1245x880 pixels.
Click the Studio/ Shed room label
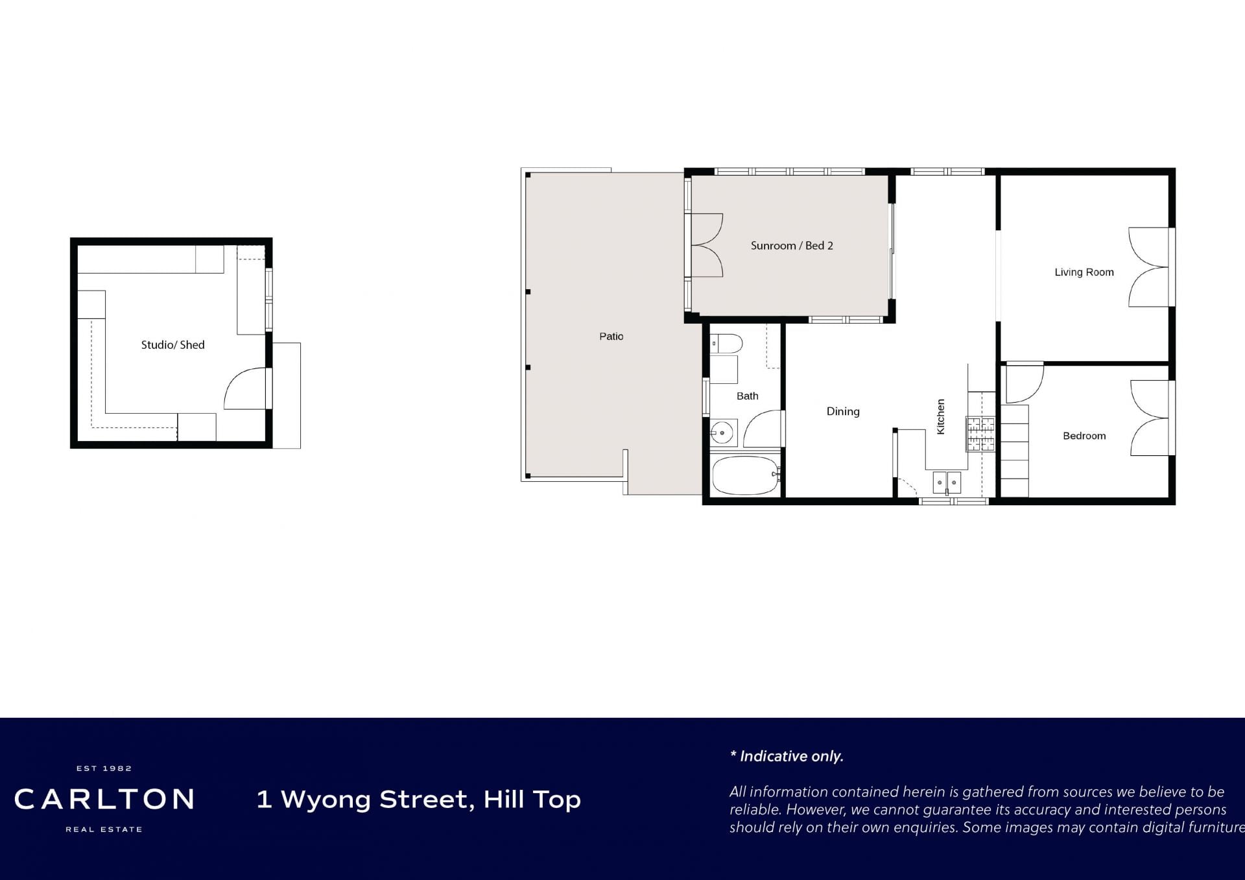(x=172, y=345)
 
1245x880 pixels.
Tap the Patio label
(x=611, y=336)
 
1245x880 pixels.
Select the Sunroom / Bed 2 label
(x=792, y=246)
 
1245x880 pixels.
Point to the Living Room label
(x=1084, y=272)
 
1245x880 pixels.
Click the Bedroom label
(x=1084, y=436)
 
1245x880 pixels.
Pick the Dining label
(x=843, y=411)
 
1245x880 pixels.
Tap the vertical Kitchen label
(x=941, y=416)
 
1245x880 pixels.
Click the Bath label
(x=747, y=396)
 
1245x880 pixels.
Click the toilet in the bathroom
(x=726, y=344)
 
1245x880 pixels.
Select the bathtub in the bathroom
(x=745, y=475)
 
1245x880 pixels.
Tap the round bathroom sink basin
(x=722, y=432)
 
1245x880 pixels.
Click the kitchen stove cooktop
(x=980, y=433)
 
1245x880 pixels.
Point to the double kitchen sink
(x=947, y=482)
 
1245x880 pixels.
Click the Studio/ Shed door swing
(x=245, y=388)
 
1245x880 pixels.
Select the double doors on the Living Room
(x=1150, y=267)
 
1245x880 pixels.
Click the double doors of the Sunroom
(x=707, y=245)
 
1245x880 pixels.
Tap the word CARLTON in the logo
(x=104, y=800)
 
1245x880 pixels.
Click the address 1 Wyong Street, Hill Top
(x=419, y=800)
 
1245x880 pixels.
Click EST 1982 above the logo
(x=104, y=768)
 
